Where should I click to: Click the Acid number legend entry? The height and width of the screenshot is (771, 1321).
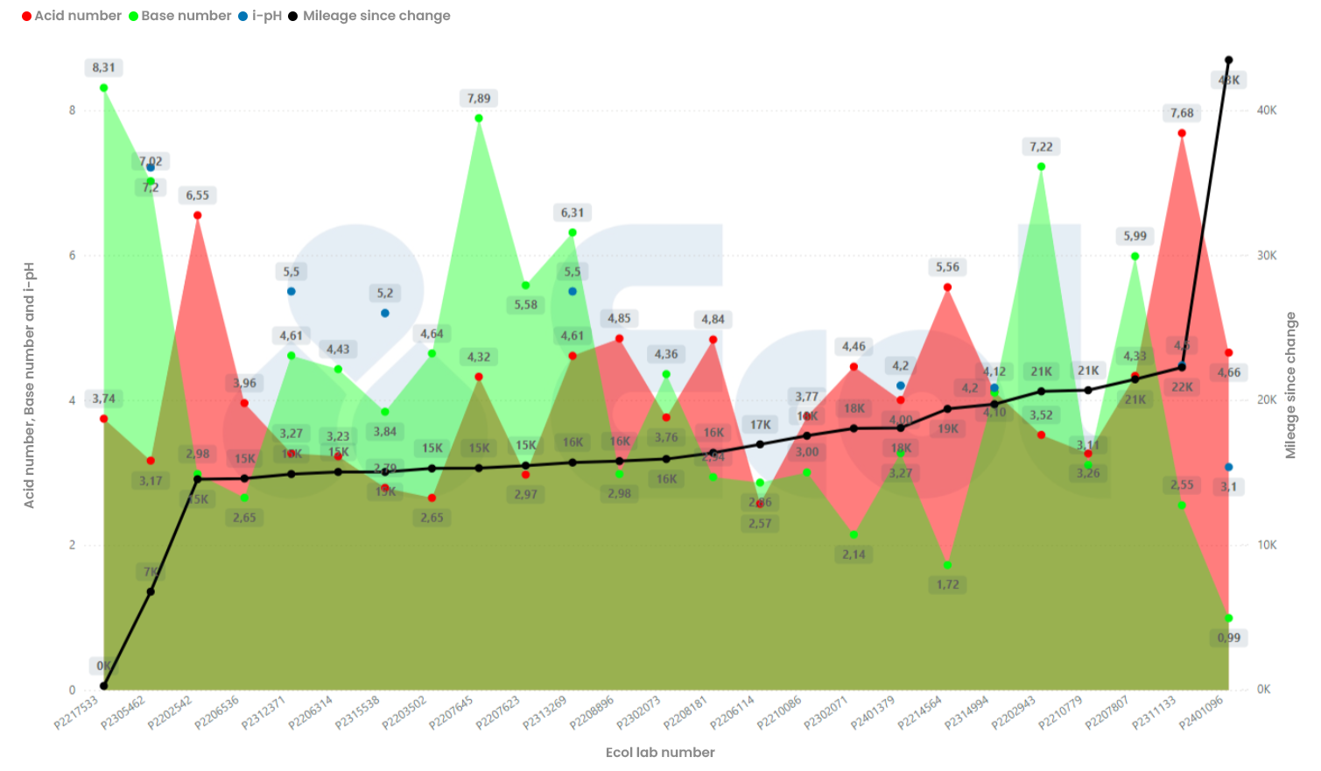[x=72, y=16]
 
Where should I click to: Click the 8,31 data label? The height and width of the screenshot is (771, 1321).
[x=103, y=67]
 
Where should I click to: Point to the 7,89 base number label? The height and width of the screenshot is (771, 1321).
[x=479, y=98]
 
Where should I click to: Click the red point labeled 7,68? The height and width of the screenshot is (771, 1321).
[x=1182, y=133]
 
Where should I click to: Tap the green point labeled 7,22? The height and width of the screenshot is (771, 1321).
[x=1041, y=166]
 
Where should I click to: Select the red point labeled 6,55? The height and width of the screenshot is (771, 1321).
[x=198, y=216]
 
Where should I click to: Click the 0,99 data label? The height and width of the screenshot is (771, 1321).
[x=1228, y=638]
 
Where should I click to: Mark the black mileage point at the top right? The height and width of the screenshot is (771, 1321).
[x=1228, y=60]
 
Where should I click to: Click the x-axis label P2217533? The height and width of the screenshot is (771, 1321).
[x=77, y=712]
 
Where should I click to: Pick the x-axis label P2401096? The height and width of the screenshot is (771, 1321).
[x=1201, y=712]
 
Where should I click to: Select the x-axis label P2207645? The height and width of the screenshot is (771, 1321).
[x=452, y=712]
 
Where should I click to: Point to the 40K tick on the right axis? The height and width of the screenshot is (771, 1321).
[x=1266, y=110]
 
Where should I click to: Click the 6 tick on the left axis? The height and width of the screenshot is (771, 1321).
[x=72, y=255]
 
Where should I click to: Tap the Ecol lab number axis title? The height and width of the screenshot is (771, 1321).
[x=660, y=753]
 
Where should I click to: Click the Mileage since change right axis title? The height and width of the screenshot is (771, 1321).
[x=1290, y=385]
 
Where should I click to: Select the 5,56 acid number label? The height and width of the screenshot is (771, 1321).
[x=947, y=267]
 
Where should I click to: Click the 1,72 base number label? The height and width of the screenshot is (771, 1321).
[x=947, y=584]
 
